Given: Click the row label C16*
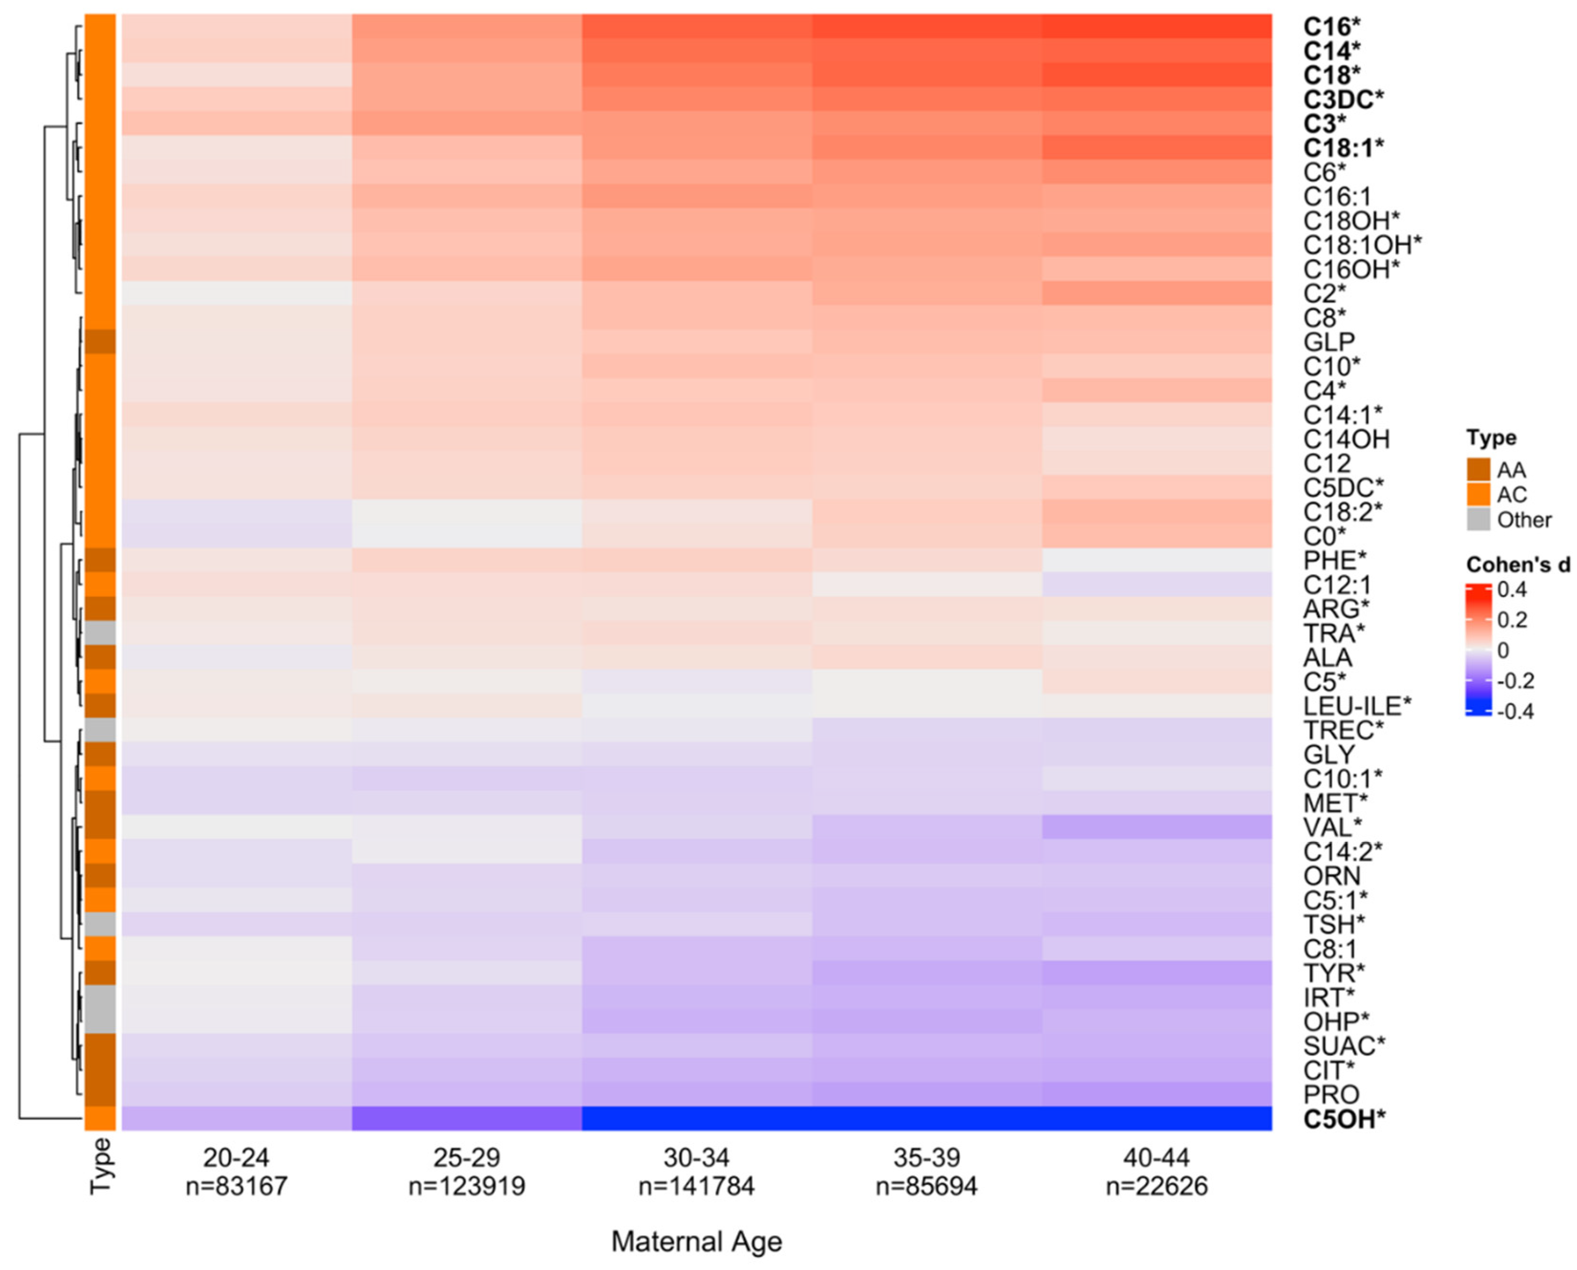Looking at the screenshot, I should pyautogui.click(x=1331, y=27).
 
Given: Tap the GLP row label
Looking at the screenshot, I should pyautogui.click(x=1328, y=342).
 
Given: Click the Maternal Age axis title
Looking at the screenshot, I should pyautogui.click(x=696, y=1241).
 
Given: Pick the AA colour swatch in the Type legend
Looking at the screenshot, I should pyautogui.click(x=1478, y=470).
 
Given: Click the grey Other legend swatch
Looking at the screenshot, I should pyautogui.click(x=1478, y=519).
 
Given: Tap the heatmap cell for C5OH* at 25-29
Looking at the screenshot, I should pyautogui.click(x=467, y=1119).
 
